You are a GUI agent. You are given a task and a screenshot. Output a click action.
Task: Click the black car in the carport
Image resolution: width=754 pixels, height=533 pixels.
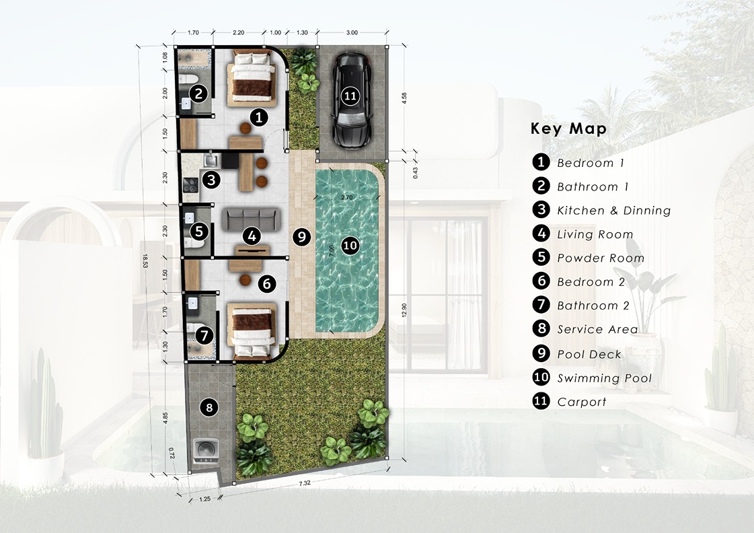pyautogui.click(x=351, y=100)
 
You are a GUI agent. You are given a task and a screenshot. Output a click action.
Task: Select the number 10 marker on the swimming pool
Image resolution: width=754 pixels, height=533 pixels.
pyautogui.click(x=350, y=246)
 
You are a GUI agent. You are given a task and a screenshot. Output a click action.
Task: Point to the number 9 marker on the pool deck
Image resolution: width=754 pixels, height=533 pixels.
pyautogui.click(x=301, y=237)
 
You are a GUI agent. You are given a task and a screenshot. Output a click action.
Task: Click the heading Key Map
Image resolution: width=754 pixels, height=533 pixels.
pyautogui.click(x=568, y=129)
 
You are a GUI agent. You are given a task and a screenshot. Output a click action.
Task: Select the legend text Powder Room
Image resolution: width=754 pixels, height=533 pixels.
pyautogui.click(x=601, y=258)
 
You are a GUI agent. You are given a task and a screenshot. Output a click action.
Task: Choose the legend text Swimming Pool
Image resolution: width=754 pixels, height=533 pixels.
pyautogui.click(x=605, y=378)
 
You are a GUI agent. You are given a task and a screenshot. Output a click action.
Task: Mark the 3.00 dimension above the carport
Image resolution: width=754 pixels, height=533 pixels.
pyautogui.click(x=352, y=33)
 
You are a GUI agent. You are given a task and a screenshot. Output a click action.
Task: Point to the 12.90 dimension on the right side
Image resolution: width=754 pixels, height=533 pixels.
pyautogui.click(x=404, y=310)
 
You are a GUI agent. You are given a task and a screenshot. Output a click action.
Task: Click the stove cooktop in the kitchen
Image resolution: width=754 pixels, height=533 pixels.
pyautogui.click(x=191, y=184)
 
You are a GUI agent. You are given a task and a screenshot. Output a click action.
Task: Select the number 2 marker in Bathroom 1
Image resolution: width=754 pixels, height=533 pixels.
pyautogui.click(x=198, y=94)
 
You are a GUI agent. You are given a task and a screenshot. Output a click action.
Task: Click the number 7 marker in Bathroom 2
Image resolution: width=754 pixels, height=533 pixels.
pyautogui.click(x=204, y=335)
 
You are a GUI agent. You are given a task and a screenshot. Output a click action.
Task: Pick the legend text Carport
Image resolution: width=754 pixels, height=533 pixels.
pyautogui.click(x=582, y=402)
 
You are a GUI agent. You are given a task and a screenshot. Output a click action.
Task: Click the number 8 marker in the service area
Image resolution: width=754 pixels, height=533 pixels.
pyautogui.click(x=209, y=408)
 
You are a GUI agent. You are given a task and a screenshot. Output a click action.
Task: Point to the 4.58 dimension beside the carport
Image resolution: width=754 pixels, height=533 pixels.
pyautogui.click(x=404, y=99)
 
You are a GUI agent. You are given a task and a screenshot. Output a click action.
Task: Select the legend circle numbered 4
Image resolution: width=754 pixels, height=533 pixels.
pyautogui.click(x=541, y=234)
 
